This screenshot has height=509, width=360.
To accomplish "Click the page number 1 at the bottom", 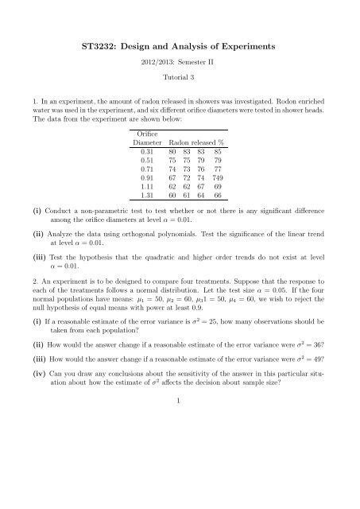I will [x=180, y=489].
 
